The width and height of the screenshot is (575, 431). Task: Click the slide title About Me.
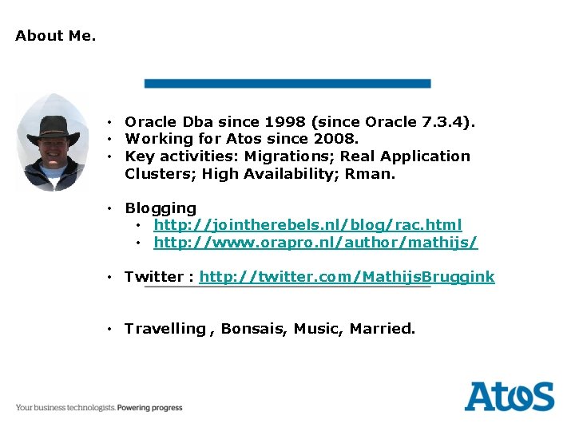point(55,36)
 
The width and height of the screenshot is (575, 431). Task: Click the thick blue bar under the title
point(287,83)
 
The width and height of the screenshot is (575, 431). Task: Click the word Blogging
point(160,208)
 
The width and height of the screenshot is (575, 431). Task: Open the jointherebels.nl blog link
point(307,225)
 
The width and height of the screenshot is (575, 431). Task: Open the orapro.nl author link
point(315,242)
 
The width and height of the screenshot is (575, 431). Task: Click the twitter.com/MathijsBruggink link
point(347,277)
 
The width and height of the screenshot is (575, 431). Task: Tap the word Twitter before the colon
point(153,277)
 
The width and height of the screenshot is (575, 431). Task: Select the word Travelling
point(165,329)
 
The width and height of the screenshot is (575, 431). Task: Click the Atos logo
point(509,397)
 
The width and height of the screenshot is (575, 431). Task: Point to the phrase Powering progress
point(149,408)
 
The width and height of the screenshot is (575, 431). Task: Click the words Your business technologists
point(65,408)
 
